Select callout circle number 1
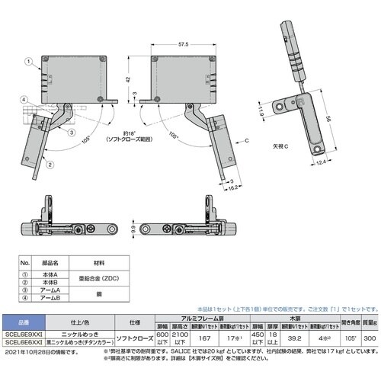coord(27,60)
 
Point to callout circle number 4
coord(25,100)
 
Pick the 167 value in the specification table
coord(203,338)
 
